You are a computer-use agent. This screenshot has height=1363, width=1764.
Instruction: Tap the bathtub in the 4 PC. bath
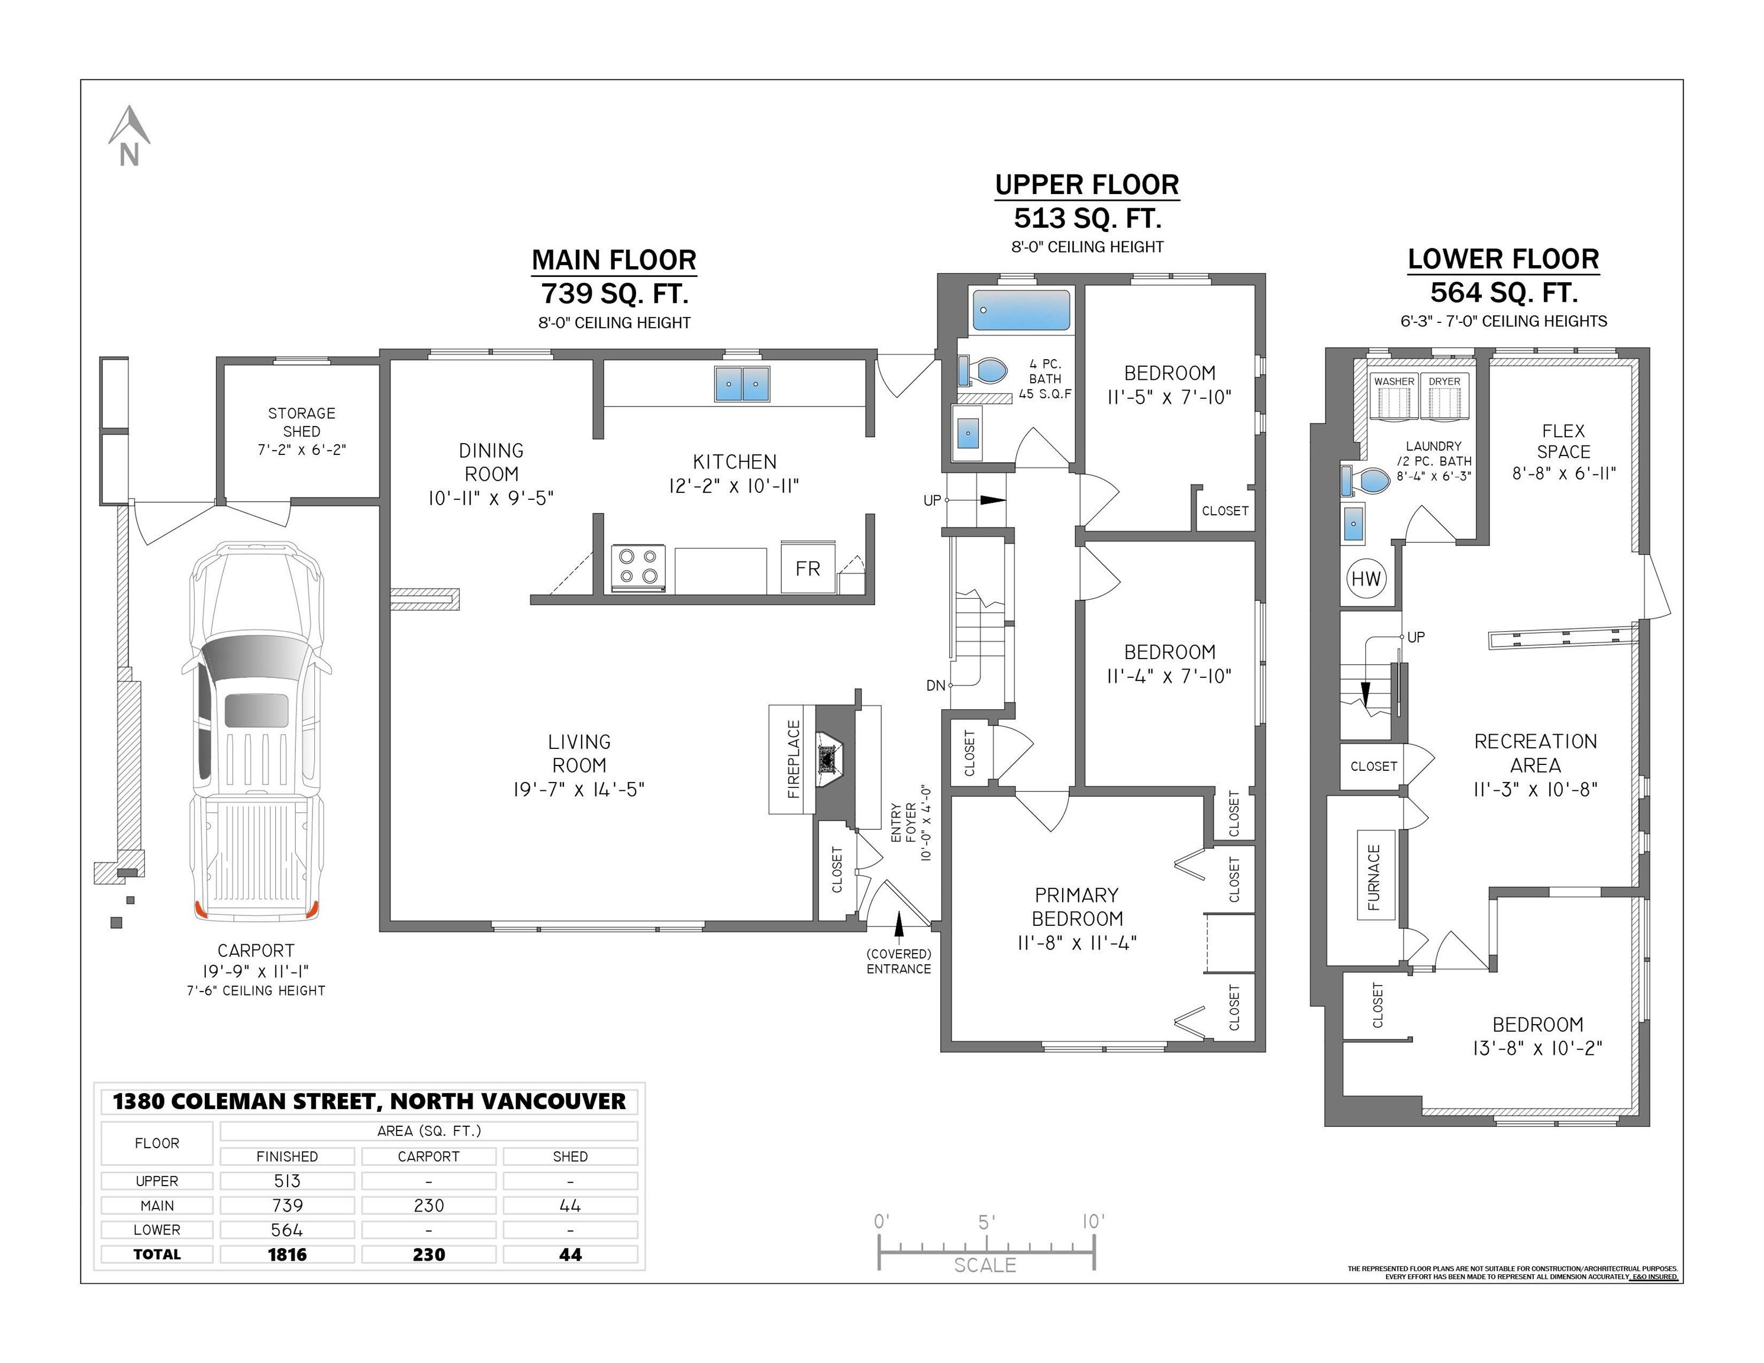point(1022,310)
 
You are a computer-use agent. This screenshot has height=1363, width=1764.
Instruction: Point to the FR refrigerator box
point(807,568)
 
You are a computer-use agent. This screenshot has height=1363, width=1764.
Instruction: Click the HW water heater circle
point(1366,579)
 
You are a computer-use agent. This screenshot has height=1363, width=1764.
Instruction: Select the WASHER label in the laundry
point(1394,381)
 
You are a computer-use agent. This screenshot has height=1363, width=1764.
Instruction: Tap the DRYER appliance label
point(1444,381)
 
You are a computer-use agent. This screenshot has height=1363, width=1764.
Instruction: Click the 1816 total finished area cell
point(287,1254)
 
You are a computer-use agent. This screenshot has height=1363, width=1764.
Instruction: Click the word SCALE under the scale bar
point(985,1265)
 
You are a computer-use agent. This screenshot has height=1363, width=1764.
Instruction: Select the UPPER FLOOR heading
point(1086,185)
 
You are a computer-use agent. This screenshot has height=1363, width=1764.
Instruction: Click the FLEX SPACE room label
point(1563,442)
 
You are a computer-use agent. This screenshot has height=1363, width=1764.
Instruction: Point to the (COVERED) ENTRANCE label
point(899,961)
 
